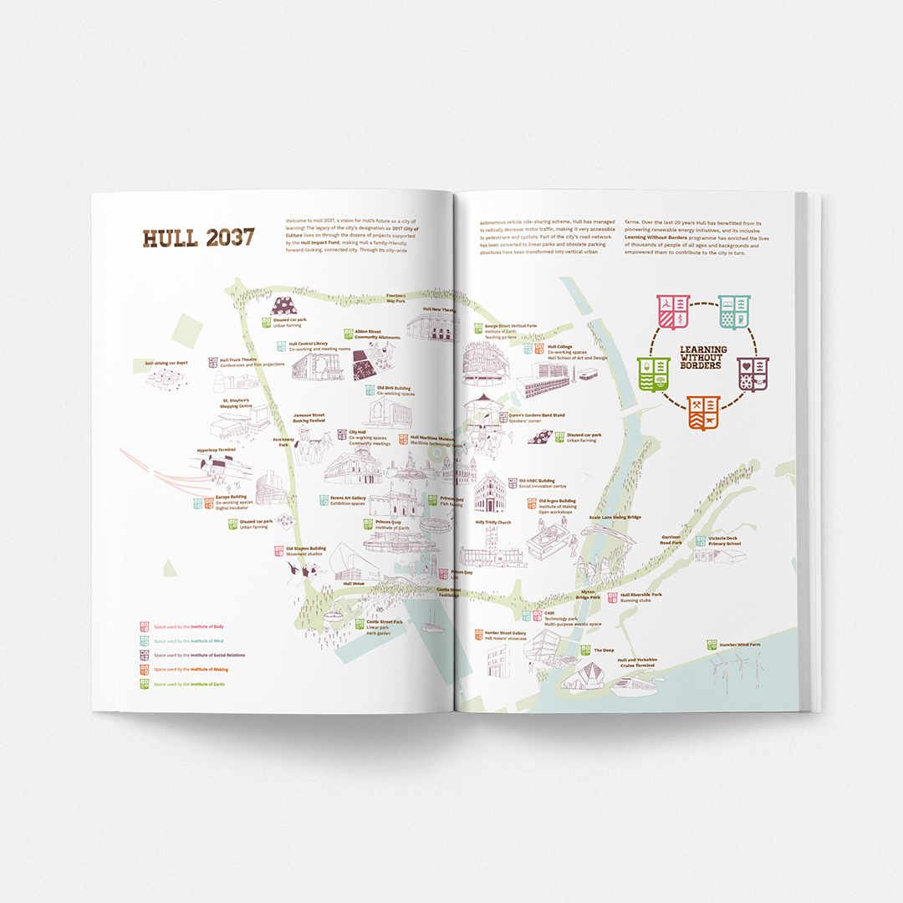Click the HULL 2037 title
coord(198,237)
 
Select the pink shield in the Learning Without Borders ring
coord(672,311)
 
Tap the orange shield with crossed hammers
coord(703,412)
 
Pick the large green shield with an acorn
coord(653,374)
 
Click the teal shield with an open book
coord(733,311)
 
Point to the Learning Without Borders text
coord(703,357)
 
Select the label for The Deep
coord(604,650)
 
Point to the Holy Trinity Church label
coord(492,523)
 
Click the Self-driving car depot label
coord(166,363)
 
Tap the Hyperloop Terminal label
coord(217,450)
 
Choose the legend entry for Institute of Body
coord(188,626)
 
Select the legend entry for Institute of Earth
coord(189,684)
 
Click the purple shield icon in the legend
coord(145,655)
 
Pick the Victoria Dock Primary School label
coord(724,541)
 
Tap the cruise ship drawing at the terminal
coord(634,686)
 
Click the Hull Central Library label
coord(309,343)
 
